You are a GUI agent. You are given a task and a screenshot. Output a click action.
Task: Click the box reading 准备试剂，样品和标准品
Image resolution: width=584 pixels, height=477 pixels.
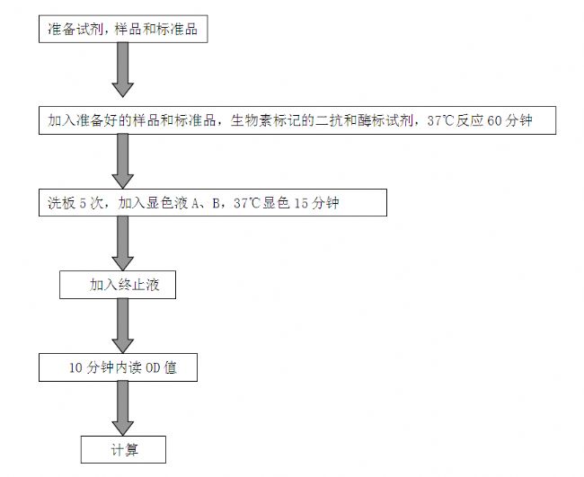(x=123, y=29)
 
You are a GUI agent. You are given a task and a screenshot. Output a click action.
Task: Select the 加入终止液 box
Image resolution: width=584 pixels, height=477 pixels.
(x=118, y=285)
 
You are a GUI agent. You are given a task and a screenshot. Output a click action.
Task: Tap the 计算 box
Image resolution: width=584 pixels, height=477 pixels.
(x=123, y=450)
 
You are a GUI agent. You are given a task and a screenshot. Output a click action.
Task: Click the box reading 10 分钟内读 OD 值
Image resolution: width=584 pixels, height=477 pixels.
(x=118, y=367)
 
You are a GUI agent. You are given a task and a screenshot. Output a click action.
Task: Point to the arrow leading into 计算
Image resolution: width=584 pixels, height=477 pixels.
(x=122, y=408)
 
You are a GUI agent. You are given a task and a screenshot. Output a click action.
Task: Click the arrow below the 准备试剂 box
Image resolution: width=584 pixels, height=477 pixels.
(x=122, y=70)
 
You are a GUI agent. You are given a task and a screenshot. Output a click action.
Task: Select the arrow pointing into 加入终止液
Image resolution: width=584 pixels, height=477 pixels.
(x=122, y=243)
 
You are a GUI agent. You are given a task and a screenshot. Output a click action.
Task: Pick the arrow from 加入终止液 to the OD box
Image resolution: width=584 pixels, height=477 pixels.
(x=122, y=326)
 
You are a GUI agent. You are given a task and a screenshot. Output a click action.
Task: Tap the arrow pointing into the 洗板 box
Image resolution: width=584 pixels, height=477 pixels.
(x=122, y=161)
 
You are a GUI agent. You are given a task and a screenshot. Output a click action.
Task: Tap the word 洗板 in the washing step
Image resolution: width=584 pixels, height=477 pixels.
(x=61, y=203)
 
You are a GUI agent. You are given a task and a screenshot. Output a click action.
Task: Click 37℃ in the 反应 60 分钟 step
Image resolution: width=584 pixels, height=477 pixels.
(x=440, y=120)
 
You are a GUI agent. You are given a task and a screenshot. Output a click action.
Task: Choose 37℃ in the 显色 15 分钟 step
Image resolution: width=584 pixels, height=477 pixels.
(x=247, y=203)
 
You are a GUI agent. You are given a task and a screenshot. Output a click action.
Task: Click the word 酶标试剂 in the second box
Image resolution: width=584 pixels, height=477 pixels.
(x=385, y=120)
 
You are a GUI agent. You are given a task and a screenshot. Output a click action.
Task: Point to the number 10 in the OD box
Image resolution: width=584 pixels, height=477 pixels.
(x=75, y=368)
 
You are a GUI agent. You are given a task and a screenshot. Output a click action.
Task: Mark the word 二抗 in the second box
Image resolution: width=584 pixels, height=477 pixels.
(x=329, y=120)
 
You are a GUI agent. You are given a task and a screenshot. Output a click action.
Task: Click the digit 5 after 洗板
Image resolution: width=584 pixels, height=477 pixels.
(x=83, y=203)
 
